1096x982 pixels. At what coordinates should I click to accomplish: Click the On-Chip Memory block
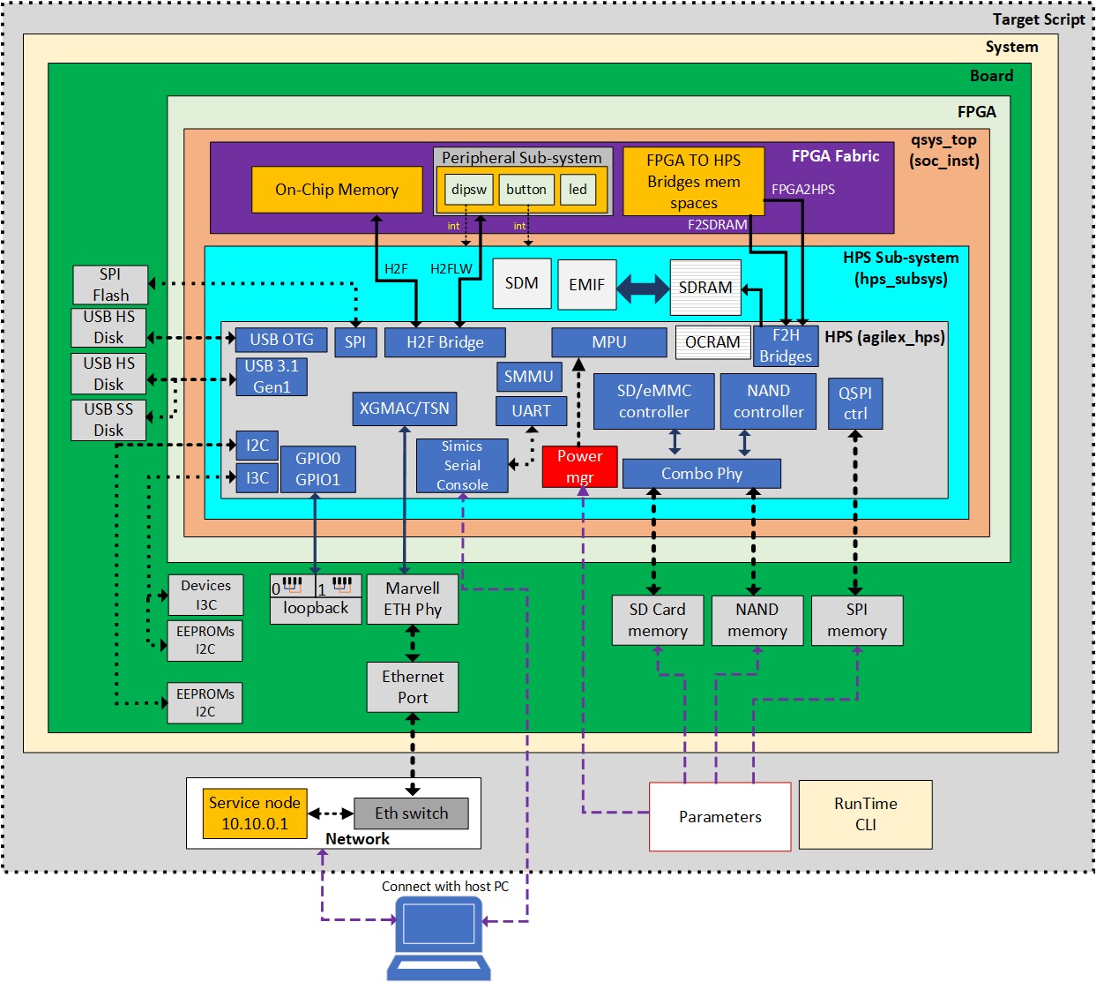tap(337, 190)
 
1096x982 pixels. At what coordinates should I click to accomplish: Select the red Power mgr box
tap(579, 467)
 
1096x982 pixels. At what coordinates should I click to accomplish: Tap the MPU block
tap(608, 342)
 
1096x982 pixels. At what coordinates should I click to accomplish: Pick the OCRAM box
tap(712, 342)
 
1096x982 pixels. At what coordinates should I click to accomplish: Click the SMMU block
tap(528, 377)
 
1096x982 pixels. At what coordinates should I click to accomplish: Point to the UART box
tap(531, 411)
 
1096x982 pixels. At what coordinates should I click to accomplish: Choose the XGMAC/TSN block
tap(404, 409)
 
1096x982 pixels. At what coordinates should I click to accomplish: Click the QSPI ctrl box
tap(855, 403)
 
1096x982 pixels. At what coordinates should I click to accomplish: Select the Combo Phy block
tap(702, 474)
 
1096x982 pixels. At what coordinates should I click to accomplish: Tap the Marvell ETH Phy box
tap(413, 599)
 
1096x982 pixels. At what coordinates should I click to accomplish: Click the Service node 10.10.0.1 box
tap(255, 813)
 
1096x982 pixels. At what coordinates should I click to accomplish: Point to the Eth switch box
tap(411, 813)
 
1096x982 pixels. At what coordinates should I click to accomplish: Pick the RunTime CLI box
tap(865, 814)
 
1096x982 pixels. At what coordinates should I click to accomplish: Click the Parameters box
tap(719, 817)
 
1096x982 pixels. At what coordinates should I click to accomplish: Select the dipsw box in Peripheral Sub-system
tap(469, 190)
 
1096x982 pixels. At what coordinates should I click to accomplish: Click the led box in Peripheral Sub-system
tap(578, 190)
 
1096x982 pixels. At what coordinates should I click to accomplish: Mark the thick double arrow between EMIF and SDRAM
tap(643, 288)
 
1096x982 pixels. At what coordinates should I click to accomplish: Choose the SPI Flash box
tap(110, 285)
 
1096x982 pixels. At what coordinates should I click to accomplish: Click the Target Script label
tap(1038, 19)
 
